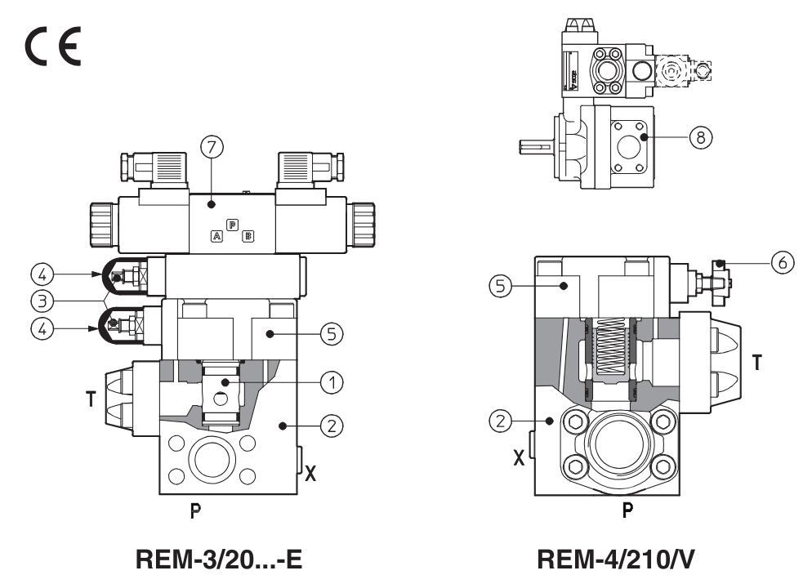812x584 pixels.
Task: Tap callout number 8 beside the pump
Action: click(700, 137)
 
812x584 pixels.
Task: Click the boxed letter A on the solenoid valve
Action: click(216, 236)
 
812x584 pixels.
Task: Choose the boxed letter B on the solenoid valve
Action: click(248, 236)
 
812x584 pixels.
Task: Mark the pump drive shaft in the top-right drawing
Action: click(536, 147)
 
